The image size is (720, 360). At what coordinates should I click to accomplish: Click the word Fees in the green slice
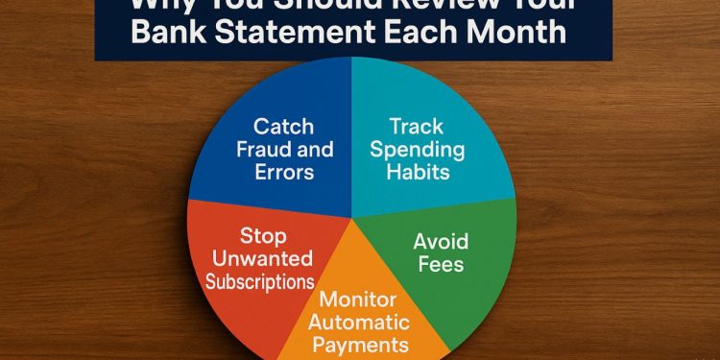tap(440, 264)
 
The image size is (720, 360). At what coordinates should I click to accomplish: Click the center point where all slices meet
tap(352, 213)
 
